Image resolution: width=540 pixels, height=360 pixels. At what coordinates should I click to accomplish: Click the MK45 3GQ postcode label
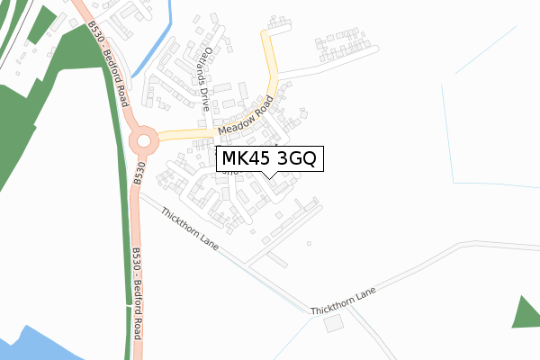266,159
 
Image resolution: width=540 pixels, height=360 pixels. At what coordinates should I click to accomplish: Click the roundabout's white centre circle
143,140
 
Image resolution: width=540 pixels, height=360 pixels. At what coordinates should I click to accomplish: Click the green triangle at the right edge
526,313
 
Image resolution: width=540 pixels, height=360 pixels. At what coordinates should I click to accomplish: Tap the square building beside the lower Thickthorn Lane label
335,323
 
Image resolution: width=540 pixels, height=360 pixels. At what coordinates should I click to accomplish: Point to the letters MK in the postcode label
233,159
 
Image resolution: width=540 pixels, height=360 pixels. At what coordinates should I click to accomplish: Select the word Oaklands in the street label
210,66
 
